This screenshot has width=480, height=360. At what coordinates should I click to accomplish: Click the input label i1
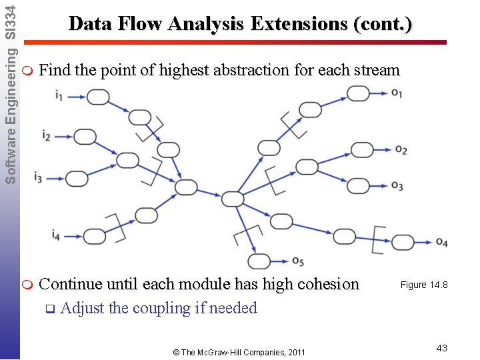pyautogui.click(x=60, y=97)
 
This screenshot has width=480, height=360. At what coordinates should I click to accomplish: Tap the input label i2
pyautogui.click(x=46, y=137)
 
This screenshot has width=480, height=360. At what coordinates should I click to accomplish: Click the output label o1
pyautogui.click(x=397, y=93)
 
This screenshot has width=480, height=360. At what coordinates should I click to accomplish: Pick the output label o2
pyautogui.click(x=401, y=150)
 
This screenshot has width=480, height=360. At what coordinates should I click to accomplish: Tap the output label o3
pyautogui.click(x=397, y=185)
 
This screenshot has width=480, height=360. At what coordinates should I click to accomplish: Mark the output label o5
pyautogui.click(x=297, y=261)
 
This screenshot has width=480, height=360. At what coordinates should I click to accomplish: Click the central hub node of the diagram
pyautogui.click(x=233, y=198)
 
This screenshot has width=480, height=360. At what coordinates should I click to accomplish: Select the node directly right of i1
pyautogui.click(x=98, y=97)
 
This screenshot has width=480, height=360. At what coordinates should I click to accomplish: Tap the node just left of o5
pyautogui.click(x=259, y=261)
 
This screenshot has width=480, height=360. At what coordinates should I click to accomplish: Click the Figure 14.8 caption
pyautogui.click(x=423, y=285)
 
